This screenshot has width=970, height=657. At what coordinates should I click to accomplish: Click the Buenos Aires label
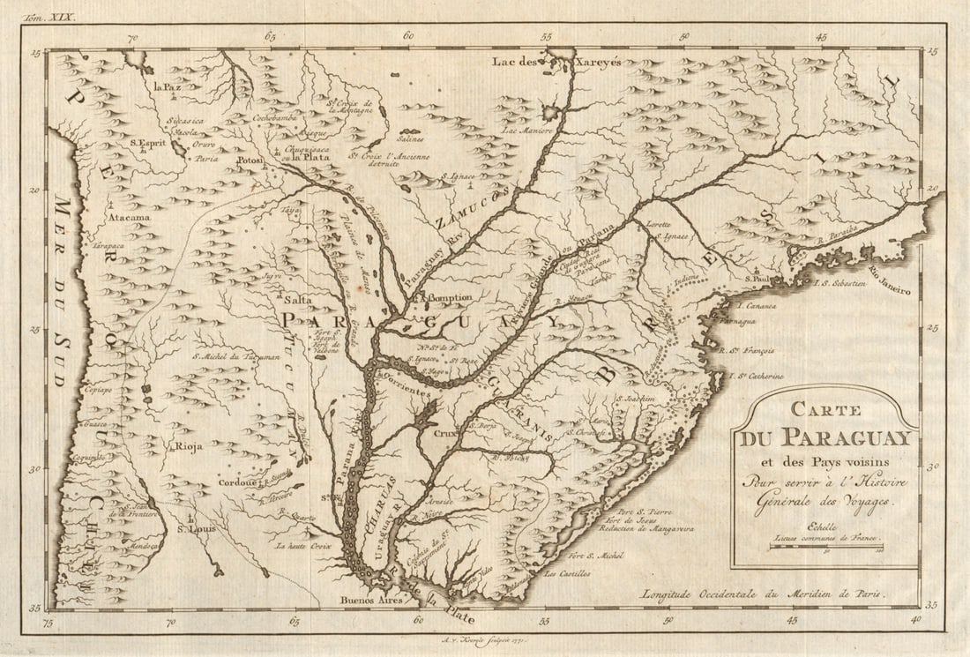tap(370, 600)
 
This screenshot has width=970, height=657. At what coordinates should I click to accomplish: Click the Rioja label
tap(189, 446)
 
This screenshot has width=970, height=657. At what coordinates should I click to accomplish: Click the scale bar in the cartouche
tap(826, 547)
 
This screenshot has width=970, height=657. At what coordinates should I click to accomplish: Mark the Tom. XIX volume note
tap(51, 17)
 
